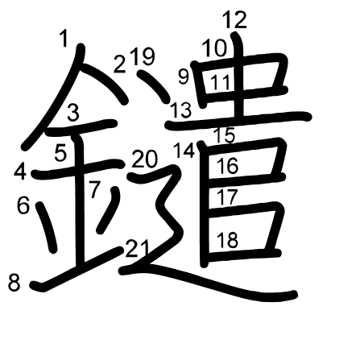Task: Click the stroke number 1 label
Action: pyautogui.click(x=64, y=39)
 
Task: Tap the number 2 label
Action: pyautogui.click(x=120, y=64)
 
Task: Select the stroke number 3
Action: pyautogui.click(x=73, y=112)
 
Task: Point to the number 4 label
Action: pyautogui.click(x=20, y=172)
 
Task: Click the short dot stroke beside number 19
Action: pyautogui.click(x=154, y=86)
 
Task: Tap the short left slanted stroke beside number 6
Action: pyautogui.click(x=47, y=227)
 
